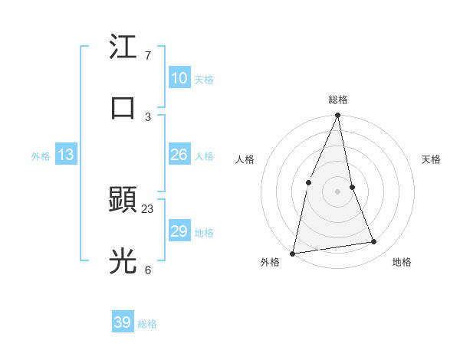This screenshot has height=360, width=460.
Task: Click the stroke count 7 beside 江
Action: pyautogui.click(x=148, y=56)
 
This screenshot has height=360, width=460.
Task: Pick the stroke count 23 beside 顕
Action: pyautogui.click(x=148, y=208)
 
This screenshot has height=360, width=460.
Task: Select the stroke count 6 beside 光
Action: pyautogui.click(x=148, y=270)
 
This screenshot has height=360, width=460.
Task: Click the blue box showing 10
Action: pyautogui.click(x=179, y=78)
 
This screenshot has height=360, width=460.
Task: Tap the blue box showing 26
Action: pyautogui.click(x=179, y=155)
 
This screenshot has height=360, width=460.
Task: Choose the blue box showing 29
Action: pyautogui.click(x=179, y=231)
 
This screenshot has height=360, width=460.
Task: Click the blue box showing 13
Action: pyautogui.click(x=66, y=155)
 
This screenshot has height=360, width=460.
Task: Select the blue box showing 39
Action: pyautogui.click(x=122, y=322)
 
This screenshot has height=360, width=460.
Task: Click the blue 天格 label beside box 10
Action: pyautogui.click(x=204, y=80)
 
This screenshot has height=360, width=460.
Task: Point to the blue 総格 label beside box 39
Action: pyautogui.click(x=147, y=324)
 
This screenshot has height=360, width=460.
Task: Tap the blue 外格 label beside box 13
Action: pyautogui.click(x=41, y=156)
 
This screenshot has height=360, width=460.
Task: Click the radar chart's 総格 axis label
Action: pyautogui.click(x=338, y=100)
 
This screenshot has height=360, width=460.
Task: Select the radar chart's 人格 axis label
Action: pyautogui.click(x=245, y=159)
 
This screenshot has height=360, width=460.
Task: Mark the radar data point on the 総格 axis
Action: pyautogui.click(x=338, y=116)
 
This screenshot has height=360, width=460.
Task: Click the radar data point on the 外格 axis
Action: pyautogui.click(x=292, y=253)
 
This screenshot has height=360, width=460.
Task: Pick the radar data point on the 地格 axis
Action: pyautogui.click(x=374, y=241)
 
